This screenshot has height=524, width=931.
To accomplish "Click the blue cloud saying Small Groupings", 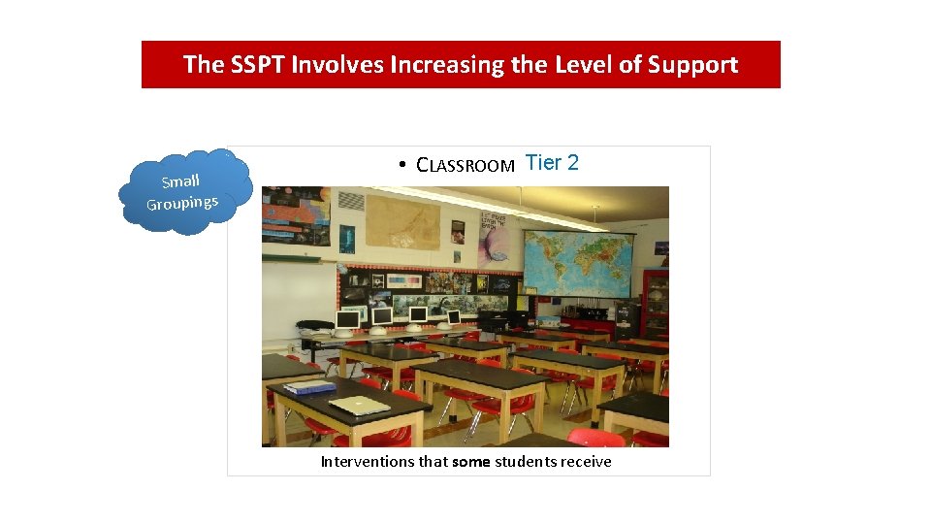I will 183,191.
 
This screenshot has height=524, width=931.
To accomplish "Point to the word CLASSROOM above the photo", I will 465,165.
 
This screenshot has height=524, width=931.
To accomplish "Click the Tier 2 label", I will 552,163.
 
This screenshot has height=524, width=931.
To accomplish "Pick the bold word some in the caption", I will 471,462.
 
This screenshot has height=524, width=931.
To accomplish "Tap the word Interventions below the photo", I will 368,462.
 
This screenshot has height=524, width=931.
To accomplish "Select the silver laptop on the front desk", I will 360,405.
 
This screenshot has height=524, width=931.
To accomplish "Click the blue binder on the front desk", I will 309,387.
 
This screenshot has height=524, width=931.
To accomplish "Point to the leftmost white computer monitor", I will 347,319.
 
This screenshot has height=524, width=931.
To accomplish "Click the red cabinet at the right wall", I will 656,301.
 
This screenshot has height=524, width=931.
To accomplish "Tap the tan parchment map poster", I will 401,222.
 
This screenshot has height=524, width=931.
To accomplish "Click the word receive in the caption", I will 585,462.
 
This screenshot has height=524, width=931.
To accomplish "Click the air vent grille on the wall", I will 350,204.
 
